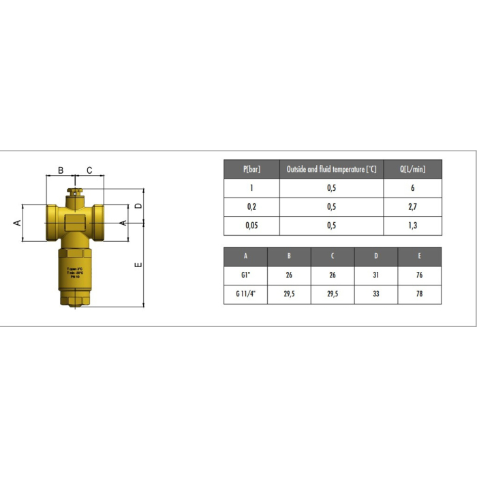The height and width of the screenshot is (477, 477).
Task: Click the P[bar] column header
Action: (x=251, y=169)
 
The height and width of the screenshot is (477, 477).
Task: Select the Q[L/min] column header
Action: (x=412, y=169)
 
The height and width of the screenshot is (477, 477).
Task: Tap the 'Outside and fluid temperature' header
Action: (x=331, y=169)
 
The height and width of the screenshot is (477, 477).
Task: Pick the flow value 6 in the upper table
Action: (x=412, y=188)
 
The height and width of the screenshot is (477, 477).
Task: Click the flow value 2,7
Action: (x=412, y=207)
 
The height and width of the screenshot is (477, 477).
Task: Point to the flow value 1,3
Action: (x=412, y=226)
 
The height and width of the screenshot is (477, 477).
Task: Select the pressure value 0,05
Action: (x=251, y=226)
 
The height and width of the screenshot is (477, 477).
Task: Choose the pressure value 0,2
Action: (x=251, y=207)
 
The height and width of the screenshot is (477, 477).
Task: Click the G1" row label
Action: (x=245, y=275)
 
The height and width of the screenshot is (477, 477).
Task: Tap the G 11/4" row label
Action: (x=245, y=294)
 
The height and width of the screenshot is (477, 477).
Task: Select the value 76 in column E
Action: (x=420, y=275)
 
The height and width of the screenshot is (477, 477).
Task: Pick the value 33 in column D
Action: (x=376, y=294)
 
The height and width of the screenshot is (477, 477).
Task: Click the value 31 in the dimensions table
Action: (x=376, y=275)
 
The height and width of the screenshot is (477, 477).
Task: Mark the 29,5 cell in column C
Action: (x=333, y=294)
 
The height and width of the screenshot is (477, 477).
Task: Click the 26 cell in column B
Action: (x=289, y=275)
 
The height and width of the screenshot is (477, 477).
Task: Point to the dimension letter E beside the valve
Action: (x=138, y=265)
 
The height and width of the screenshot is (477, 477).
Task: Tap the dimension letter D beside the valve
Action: (x=138, y=205)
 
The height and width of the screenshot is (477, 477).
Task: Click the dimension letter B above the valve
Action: (x=60, y=170)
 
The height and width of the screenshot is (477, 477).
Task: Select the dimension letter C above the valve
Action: (x=89, y=170)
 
